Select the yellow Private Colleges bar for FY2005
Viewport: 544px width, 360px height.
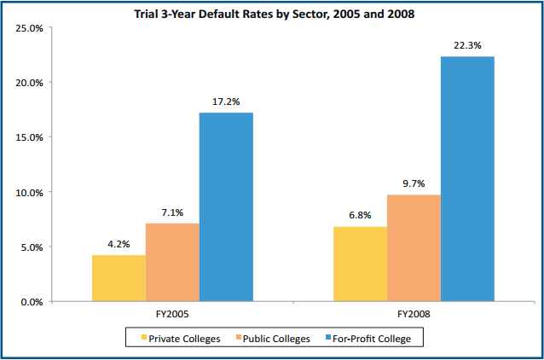click(x=119, y=278)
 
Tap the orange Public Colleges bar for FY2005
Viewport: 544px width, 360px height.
click(x=172, y=262)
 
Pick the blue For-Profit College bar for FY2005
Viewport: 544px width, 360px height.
click(x=226, y=206)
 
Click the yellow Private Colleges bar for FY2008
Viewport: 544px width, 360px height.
click(x=360, y=264)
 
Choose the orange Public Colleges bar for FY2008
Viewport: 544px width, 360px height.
click(x=414, y=247)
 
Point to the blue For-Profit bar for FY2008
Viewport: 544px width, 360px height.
click(x=467, y=178)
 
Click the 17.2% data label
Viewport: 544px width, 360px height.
click(x=226, y=102)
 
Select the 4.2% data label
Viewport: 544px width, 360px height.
click(x=119, y=244)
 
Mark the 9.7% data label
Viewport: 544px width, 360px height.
click(x=414, y=183)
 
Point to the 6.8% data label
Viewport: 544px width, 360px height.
click(x=360, y=216)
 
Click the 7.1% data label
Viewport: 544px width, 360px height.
click(x=172, y=212)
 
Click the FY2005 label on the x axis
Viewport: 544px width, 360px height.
click(x=171, y=314)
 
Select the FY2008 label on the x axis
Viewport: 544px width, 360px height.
click(x=414, y=314)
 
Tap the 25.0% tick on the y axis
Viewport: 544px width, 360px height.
click(x=30, y=28)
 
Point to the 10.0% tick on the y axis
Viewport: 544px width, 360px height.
click(x=30, y=192)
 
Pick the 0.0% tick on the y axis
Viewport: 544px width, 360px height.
click(x=32, y=302)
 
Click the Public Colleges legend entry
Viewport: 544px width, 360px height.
click(x=273, y=339)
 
